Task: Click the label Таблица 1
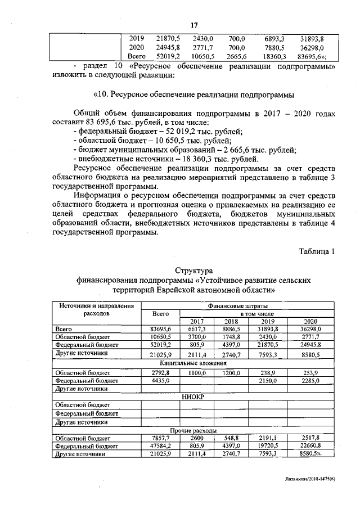point(316,251)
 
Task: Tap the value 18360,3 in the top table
point(276,56)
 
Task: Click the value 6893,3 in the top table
point(276,38)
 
